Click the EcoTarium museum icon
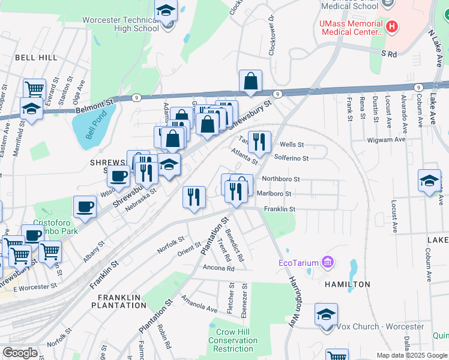tap(327, 262)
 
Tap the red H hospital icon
tap(392, 26)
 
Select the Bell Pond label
tap(92, 125)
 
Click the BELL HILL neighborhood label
tap(36, 58)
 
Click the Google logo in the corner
tap(20, 352)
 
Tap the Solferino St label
tap(291, 158)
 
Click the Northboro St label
tap(280, 179)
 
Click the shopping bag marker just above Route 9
tap(250, 81)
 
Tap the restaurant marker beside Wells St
tap(259, 142)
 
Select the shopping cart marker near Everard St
tap(34, 89)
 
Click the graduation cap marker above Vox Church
tap(326, 314)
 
